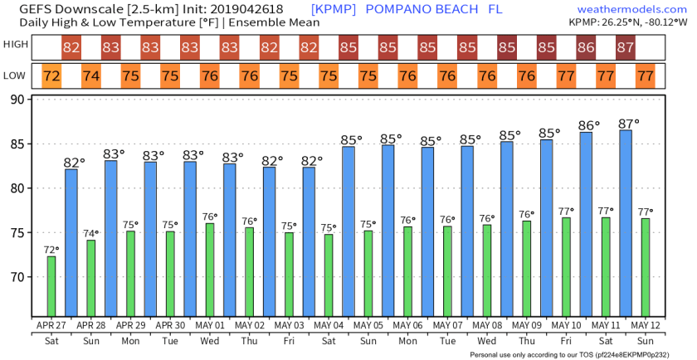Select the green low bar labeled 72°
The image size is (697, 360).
[51, 286]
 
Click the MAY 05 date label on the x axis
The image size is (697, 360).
[368, 324]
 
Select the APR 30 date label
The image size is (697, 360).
[170, 324]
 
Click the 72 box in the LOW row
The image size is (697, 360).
[51, 76]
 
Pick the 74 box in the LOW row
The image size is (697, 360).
[91, 76]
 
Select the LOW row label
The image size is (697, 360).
[15, 76]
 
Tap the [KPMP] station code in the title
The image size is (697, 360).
[334, 8]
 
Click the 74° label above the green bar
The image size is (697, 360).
[91, 233]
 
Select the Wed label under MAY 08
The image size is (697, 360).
[487, 340]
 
